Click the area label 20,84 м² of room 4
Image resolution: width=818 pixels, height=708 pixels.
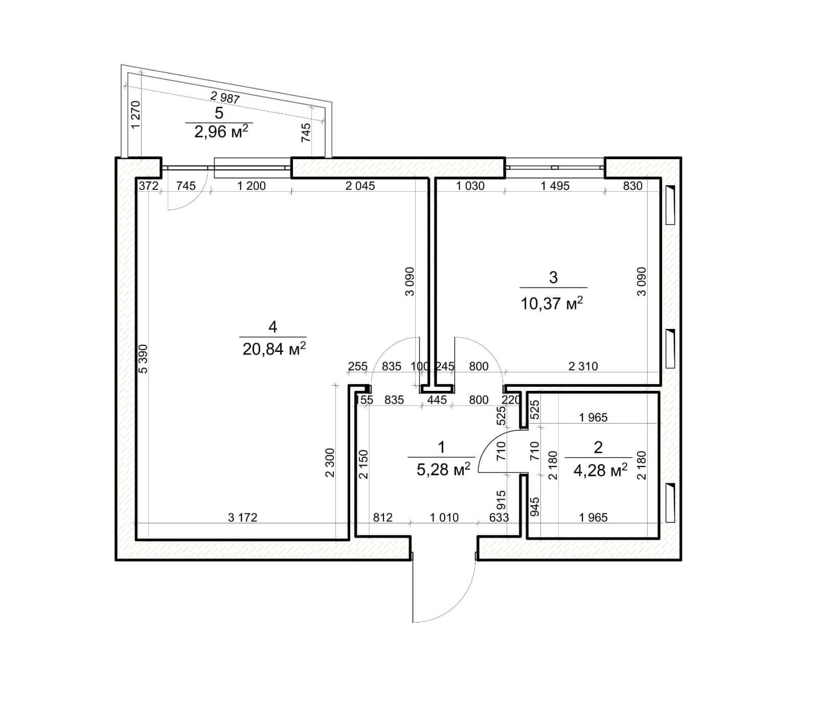pyautogui.click(x=274, y=349)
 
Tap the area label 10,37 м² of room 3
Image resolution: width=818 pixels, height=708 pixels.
pyautogui.click(x=552, y=304)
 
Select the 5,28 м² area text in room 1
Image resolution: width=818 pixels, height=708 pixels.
pyautogui.click(x=443, y=469)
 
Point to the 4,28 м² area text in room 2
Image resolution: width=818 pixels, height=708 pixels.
pyautogui.click(x=600, y=470)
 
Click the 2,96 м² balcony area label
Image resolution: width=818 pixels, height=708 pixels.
pyautogui.click(x=221, y=131)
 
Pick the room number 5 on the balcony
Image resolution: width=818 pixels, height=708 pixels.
pyautogui.click(x=219, y=113)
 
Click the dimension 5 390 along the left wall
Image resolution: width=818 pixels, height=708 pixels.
pyautogui.click(x=143, y=359)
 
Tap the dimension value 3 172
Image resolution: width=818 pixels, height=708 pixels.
pyautogui.click(x=242, y=518)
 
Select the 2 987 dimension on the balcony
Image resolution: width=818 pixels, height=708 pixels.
pyautogui.click(x=225, y=97)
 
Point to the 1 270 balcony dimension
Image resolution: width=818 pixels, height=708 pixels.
pyautogui.click(x=135, y=115)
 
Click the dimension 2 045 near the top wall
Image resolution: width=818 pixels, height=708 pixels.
pyautogui.click(x=360, y=186)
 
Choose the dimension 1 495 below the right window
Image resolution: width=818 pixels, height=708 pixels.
pyautogui.click(x=555, y=186)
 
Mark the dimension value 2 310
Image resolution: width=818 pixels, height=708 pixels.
pyautogui.click(x=583, y=366)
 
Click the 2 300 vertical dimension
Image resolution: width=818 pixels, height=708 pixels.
pyautogui.click(x=330, y=462)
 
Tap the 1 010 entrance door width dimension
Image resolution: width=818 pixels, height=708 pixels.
pyautogui.click(x=444, y=518)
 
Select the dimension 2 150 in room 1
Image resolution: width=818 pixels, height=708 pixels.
pyautogui.click(x=363, y=464)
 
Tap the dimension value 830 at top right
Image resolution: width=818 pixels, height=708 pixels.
pyautogui.click(x=632, y=186)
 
